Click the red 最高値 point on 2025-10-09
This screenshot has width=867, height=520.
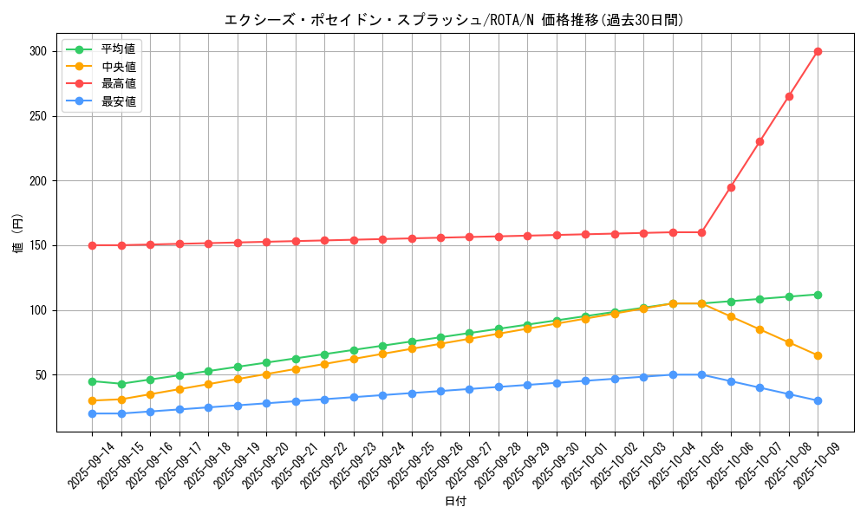(x=818, y=51)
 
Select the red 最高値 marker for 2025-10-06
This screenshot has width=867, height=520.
(x=731, y=187)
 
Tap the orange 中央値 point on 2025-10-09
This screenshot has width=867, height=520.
(x=818, y=355)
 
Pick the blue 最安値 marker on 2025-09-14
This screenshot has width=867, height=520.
(x=92, y=413)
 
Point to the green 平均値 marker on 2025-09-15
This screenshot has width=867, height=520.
(x=121, y=384)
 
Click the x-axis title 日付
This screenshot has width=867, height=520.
(x=455, y=502)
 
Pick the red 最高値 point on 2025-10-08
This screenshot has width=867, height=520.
(x=789, y=96)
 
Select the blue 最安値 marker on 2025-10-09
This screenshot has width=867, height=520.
(x=818, y=400)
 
